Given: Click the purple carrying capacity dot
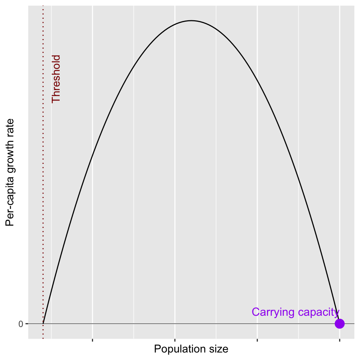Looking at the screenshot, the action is [340, 324].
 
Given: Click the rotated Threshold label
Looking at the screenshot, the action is [56, 79].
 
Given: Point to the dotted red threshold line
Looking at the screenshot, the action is [43, 172].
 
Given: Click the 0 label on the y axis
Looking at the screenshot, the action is [21, 324].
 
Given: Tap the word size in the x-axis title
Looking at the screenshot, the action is [219, 349].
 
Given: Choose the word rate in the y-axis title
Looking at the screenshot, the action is [9, 127].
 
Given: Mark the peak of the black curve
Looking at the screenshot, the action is [191, 21].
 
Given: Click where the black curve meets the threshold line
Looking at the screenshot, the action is [43, 324].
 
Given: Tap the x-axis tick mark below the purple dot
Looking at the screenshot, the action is [340, 340].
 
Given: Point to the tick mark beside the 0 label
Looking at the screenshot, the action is [27, 324].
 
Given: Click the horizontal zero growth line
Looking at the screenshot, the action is [191, 324].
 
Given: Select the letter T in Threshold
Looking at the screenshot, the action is [56, 100].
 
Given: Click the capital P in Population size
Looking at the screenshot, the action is [157, 349].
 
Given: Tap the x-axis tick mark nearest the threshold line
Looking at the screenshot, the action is [92, 340].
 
